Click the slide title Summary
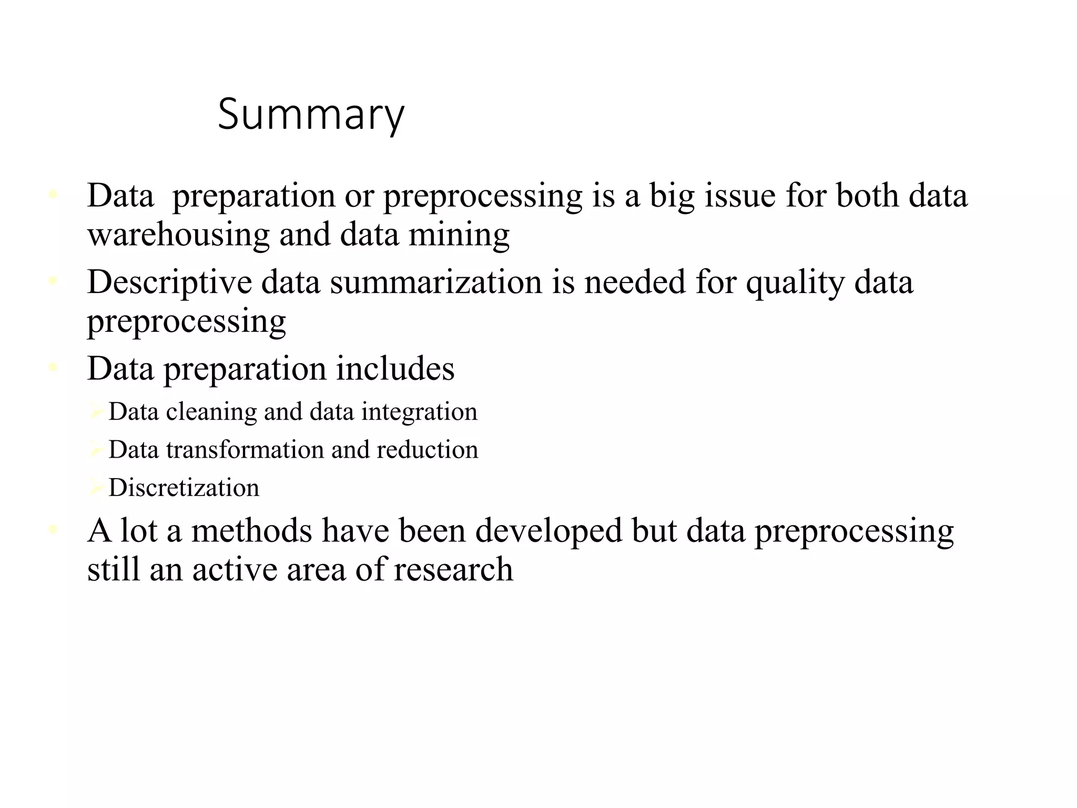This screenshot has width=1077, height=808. (311, 115)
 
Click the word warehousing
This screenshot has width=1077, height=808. (178, 235)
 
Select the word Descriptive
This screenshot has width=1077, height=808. (169, 282)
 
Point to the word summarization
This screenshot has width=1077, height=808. (436, 282)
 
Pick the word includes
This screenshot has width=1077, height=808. (395, 369)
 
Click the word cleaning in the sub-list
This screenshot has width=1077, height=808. (211, 412)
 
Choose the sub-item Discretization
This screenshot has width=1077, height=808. (184, 488)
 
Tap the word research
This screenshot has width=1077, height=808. (453, 569)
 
